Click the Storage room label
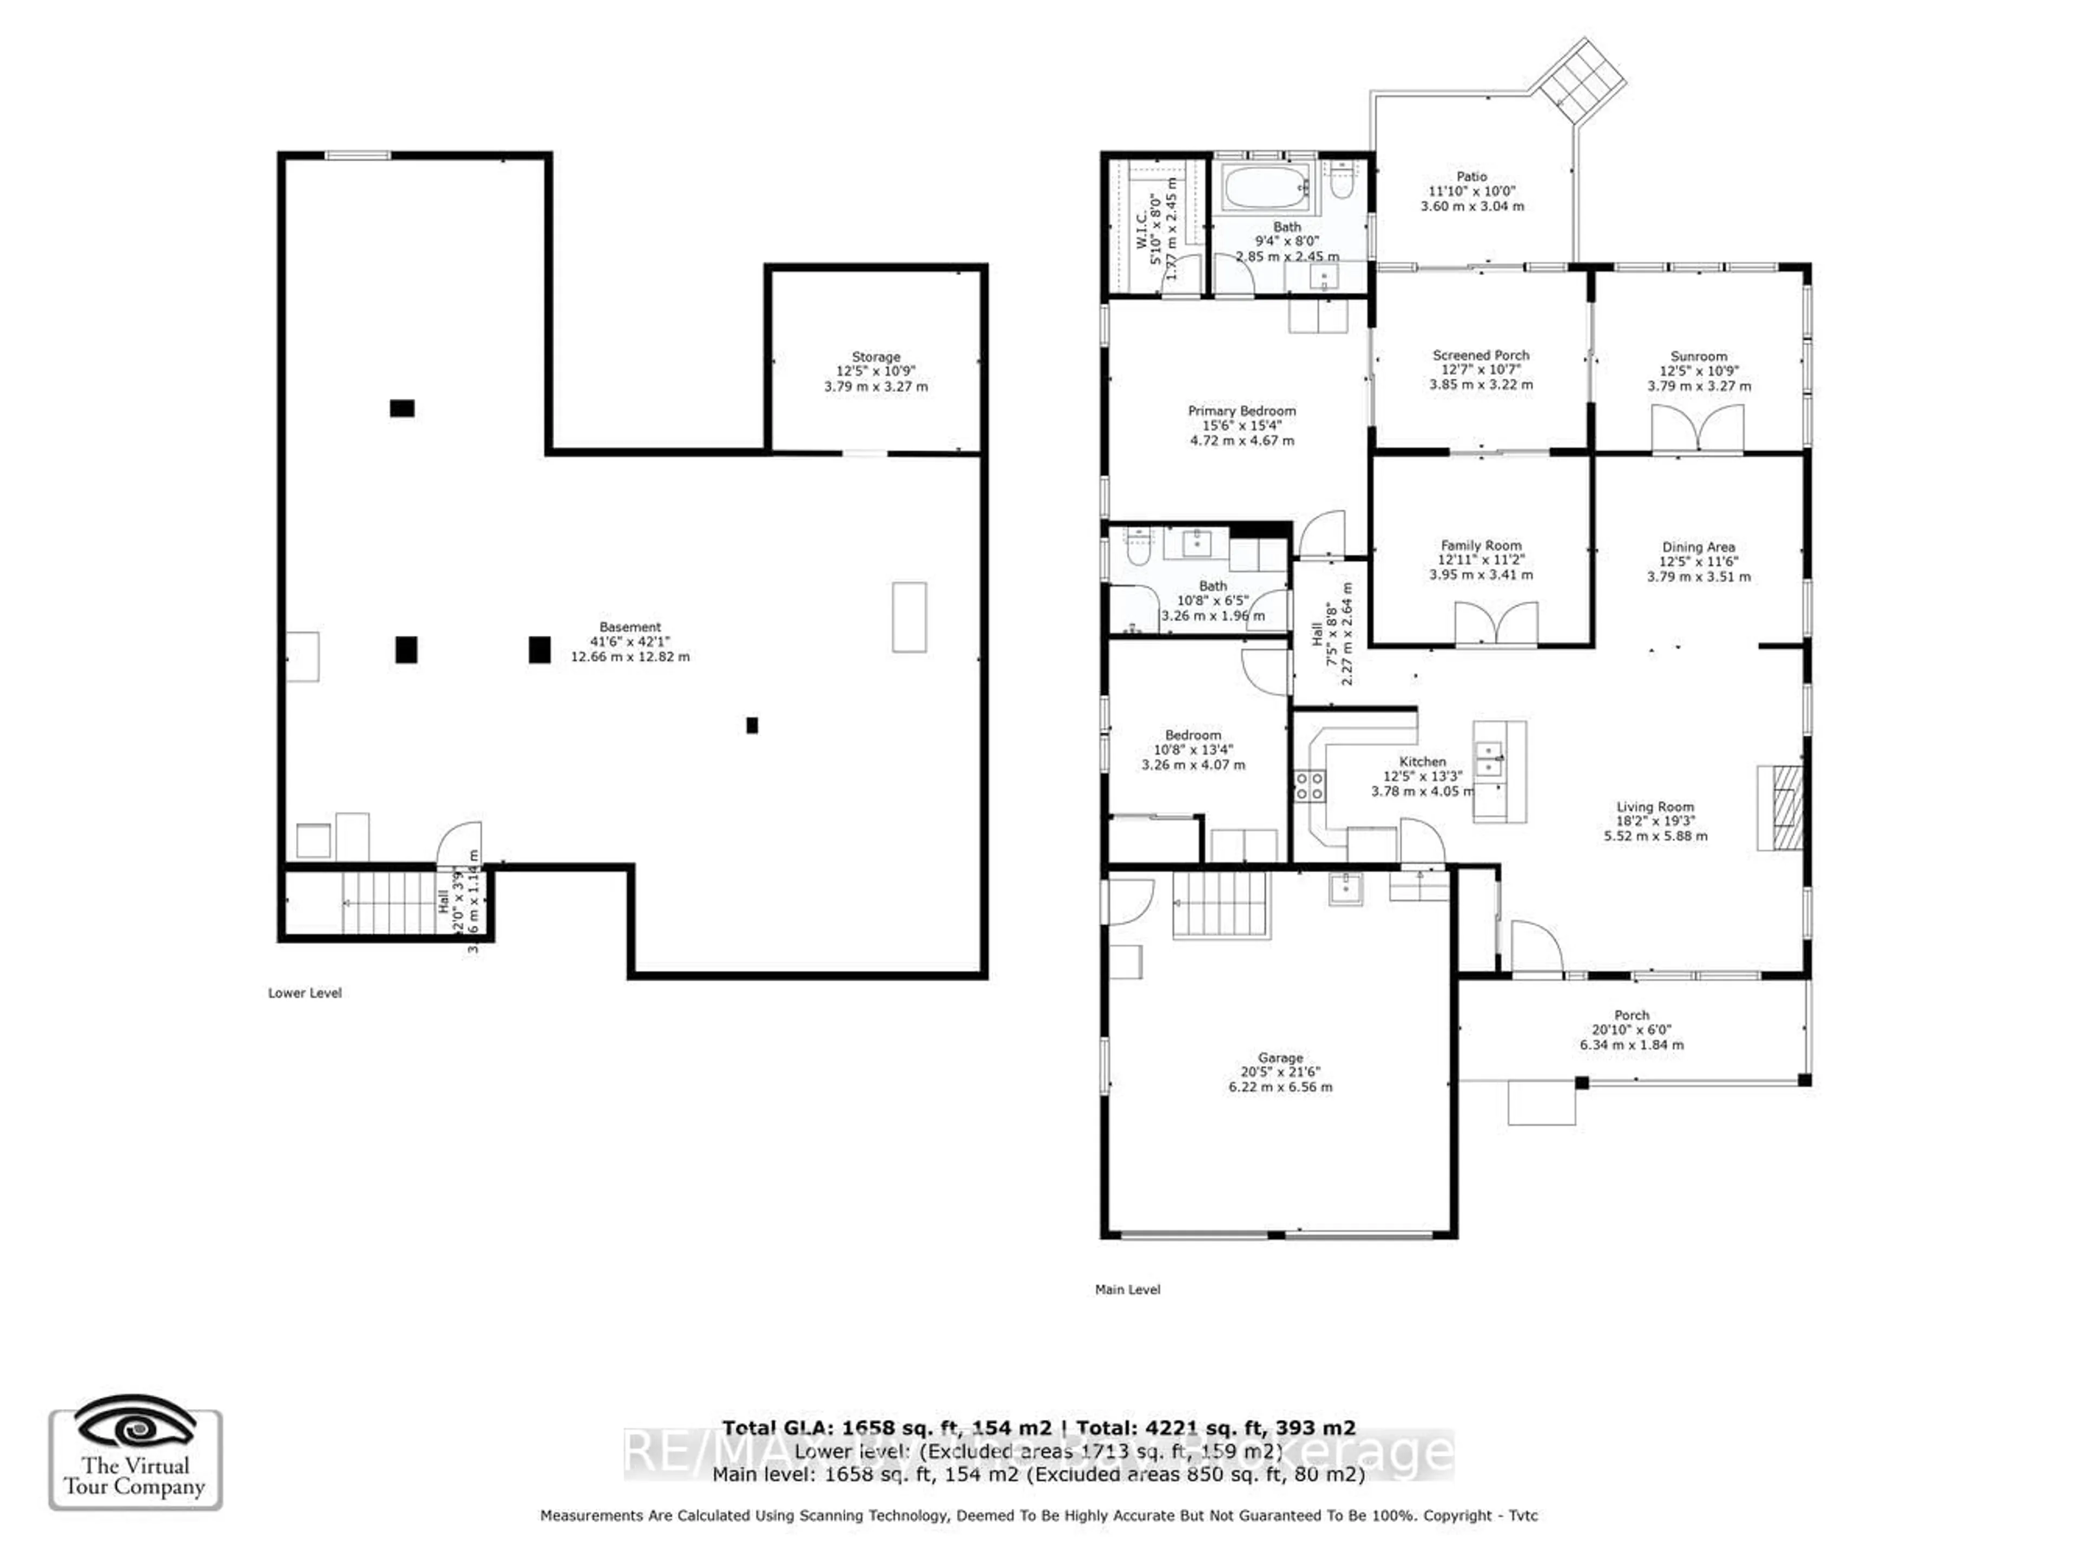pyautogui.click(x=876, y=357)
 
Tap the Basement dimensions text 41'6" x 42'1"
pyautogui.click(x=629, y=641)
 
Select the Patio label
pyautogui.click(x=1471, y=176)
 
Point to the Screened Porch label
pyautogui.click(x=1481, y=355)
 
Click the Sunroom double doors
pyautogui.click(x=1698, y=429)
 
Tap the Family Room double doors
pyautogui.click(x=1496, y=623)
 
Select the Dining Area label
pyautogui.click(x=1698, y=547)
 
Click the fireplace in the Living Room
pyautogui.click(x=1781, y=808)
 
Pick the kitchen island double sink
pyautogui.click(x=1489, y=759)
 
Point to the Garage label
pyautogui.click(x=1280, y=1057)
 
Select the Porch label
pyautogui.click(x=1631, y=1015)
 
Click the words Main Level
pyautogui.click(x=1127, y=1290)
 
